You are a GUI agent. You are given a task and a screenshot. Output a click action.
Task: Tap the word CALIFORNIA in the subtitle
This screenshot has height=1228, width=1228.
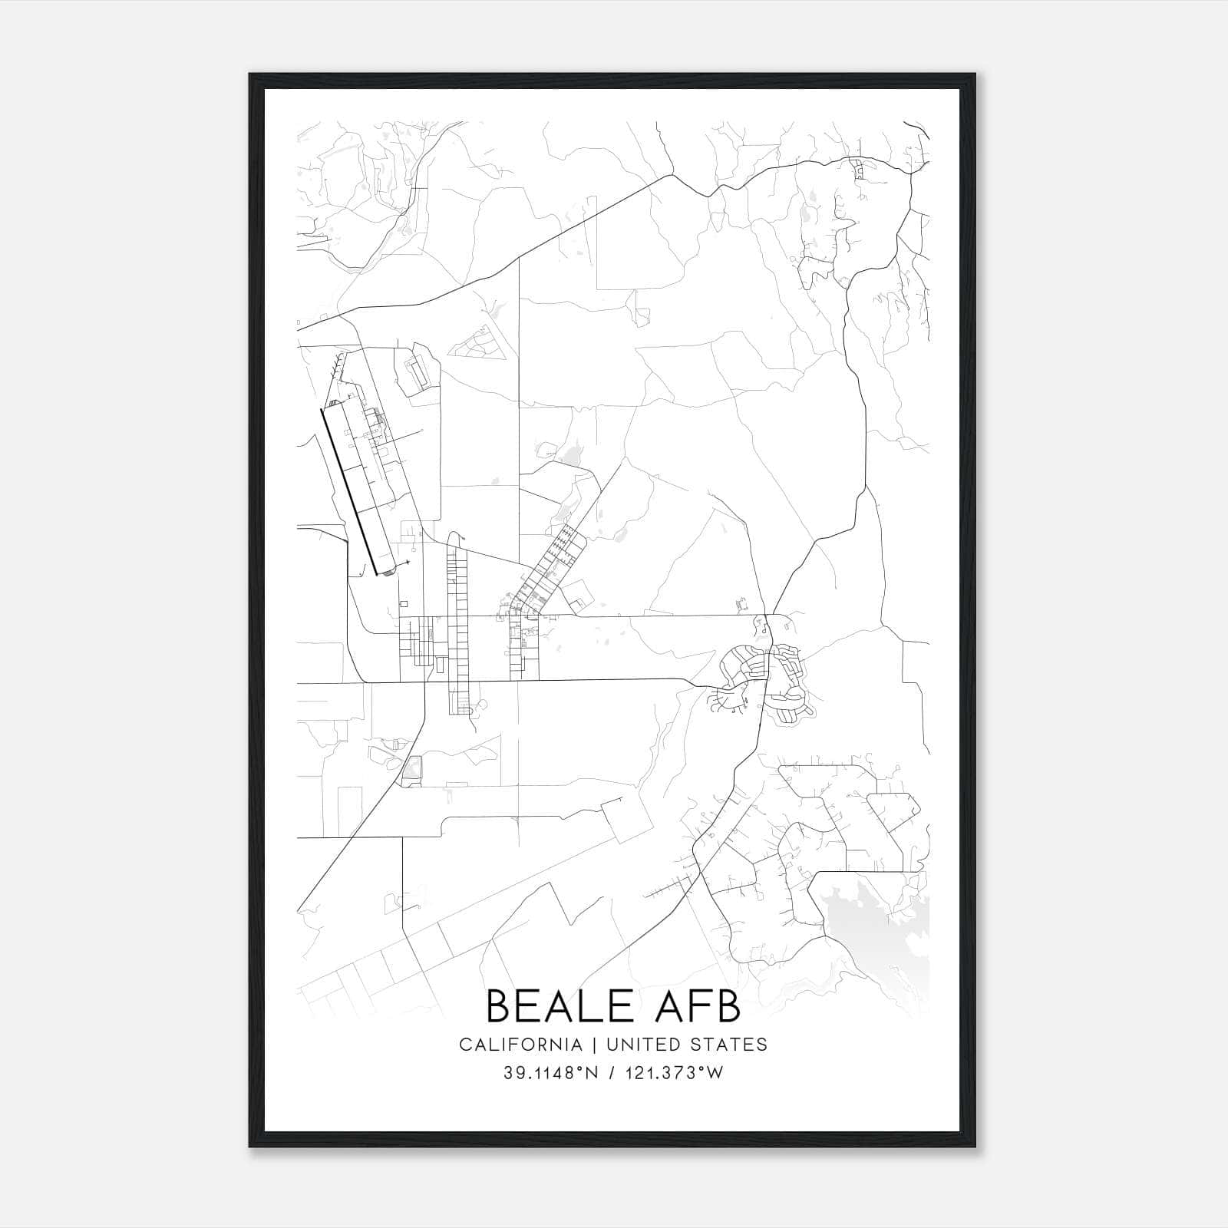click(520, 1045)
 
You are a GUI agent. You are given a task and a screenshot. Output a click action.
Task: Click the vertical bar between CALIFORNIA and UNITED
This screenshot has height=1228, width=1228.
click(593, 1045)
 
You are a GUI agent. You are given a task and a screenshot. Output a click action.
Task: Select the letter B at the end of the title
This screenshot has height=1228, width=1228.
click(728, 1005)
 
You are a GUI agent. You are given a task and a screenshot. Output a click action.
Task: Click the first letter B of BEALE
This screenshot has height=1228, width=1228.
click(500, 1005)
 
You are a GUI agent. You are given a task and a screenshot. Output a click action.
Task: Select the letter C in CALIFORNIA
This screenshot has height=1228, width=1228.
click(465, 1045)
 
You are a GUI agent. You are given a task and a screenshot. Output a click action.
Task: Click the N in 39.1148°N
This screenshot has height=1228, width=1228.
click(592, 1073)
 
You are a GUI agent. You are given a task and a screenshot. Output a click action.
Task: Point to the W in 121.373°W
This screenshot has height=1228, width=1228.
click(715, 1073)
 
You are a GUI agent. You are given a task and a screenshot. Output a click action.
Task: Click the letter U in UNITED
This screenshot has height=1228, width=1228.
click(612, 1045)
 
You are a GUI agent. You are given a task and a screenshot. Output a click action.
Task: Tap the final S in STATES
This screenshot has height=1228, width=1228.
click(762, 1045)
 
